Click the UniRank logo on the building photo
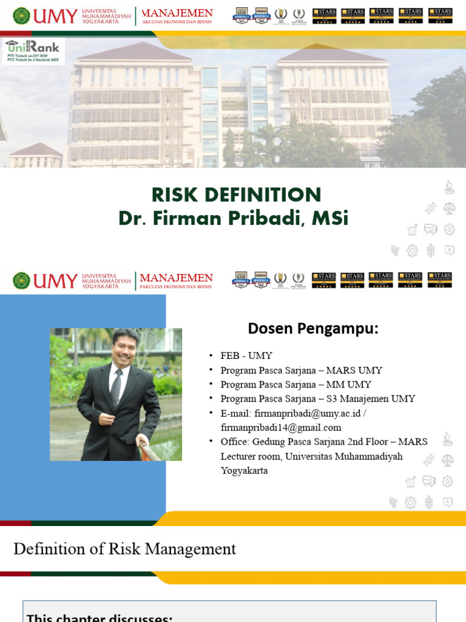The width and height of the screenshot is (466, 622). [x=33, y=50]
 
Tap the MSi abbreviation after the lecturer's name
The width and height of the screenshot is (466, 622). [x=329, y=217]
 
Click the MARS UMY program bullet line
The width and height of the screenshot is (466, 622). [x=301, y=370]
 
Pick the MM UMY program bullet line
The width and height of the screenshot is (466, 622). [x=295, y=384]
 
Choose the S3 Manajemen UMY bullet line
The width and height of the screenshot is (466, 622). [x=318, y=399]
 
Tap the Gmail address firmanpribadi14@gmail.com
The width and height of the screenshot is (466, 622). [x=281, y=428]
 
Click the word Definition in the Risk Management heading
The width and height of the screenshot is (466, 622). [x=49, y=549]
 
